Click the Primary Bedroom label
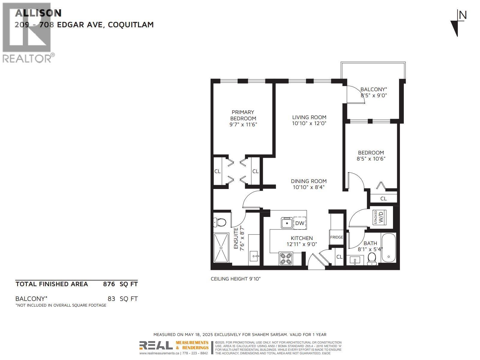[243, 115]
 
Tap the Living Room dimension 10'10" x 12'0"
[309, 123]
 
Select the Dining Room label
[309, 181]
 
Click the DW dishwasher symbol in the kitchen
[299, 223]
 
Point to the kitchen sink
[287, 223]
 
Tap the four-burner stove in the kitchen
[286, 259]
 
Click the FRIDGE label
[336, 237]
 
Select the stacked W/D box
[379, 217]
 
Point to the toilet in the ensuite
[220, 222]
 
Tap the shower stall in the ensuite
[221, 248]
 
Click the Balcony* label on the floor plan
[373, 89]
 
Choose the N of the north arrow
[463, 16]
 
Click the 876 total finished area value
[109, 284]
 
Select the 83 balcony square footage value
[111, 298]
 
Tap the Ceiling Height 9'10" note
[235, 279]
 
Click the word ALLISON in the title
[38, 13]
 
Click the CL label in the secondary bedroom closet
[383, 199]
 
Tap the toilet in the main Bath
[372, 258]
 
